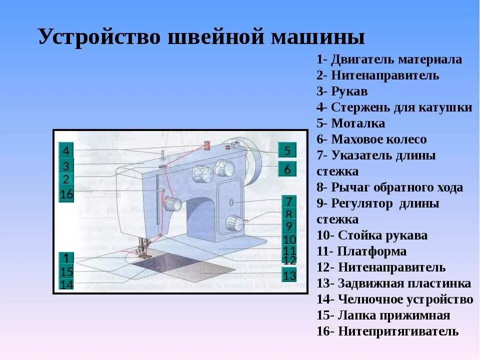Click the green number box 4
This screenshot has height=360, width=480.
click(x=66, y=150)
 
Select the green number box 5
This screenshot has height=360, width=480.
click(x=287, y=150)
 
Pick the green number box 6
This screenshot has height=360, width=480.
click(x=287, y=169)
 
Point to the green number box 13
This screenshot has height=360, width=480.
click(x=289, y=275)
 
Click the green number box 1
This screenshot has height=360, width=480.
click(x=66, y=258)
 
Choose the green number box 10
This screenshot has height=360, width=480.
click(x=289, y=239)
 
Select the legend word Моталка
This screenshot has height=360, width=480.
click(x=358, y=123)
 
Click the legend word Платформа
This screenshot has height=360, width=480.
click(x=372, y=251)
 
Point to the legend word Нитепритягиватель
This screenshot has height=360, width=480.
click(x=398, y=331)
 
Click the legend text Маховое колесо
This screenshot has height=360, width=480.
click(x=379, y=139)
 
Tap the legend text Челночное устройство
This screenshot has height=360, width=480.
click(x=405, y=299)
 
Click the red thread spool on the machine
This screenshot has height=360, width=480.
click(x=205, y=146)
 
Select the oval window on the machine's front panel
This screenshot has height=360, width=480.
click(x=231, y=202)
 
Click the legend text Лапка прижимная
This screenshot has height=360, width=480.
click(x=394, y=315)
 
